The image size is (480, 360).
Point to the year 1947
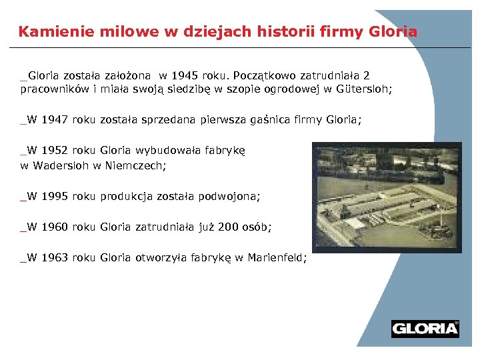(55, 120)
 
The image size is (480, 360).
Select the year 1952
(55, 151)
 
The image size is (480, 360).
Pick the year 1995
(55, 197)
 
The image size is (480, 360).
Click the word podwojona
(228, 197)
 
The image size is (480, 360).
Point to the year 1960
(55, 227)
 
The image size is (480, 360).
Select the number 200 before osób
(230, 227)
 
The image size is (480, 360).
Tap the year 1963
(55, 258)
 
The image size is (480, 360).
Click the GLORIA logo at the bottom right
(425, 328)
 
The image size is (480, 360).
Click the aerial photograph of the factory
(386, 194)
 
